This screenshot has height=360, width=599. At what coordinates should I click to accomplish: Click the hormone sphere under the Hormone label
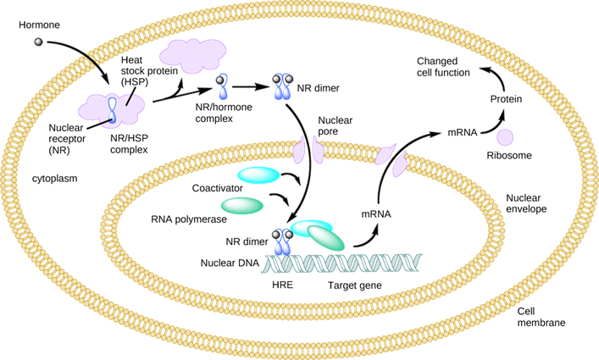(38, 42)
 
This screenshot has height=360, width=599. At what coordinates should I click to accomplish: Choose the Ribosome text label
(508, 157)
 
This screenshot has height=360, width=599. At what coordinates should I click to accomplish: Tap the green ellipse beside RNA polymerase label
(242, 205)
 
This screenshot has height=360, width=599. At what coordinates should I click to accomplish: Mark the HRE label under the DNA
(282, 286)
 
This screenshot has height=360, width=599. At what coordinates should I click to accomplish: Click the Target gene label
(354, 286)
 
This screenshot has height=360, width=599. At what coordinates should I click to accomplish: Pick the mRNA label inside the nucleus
(376, 214)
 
